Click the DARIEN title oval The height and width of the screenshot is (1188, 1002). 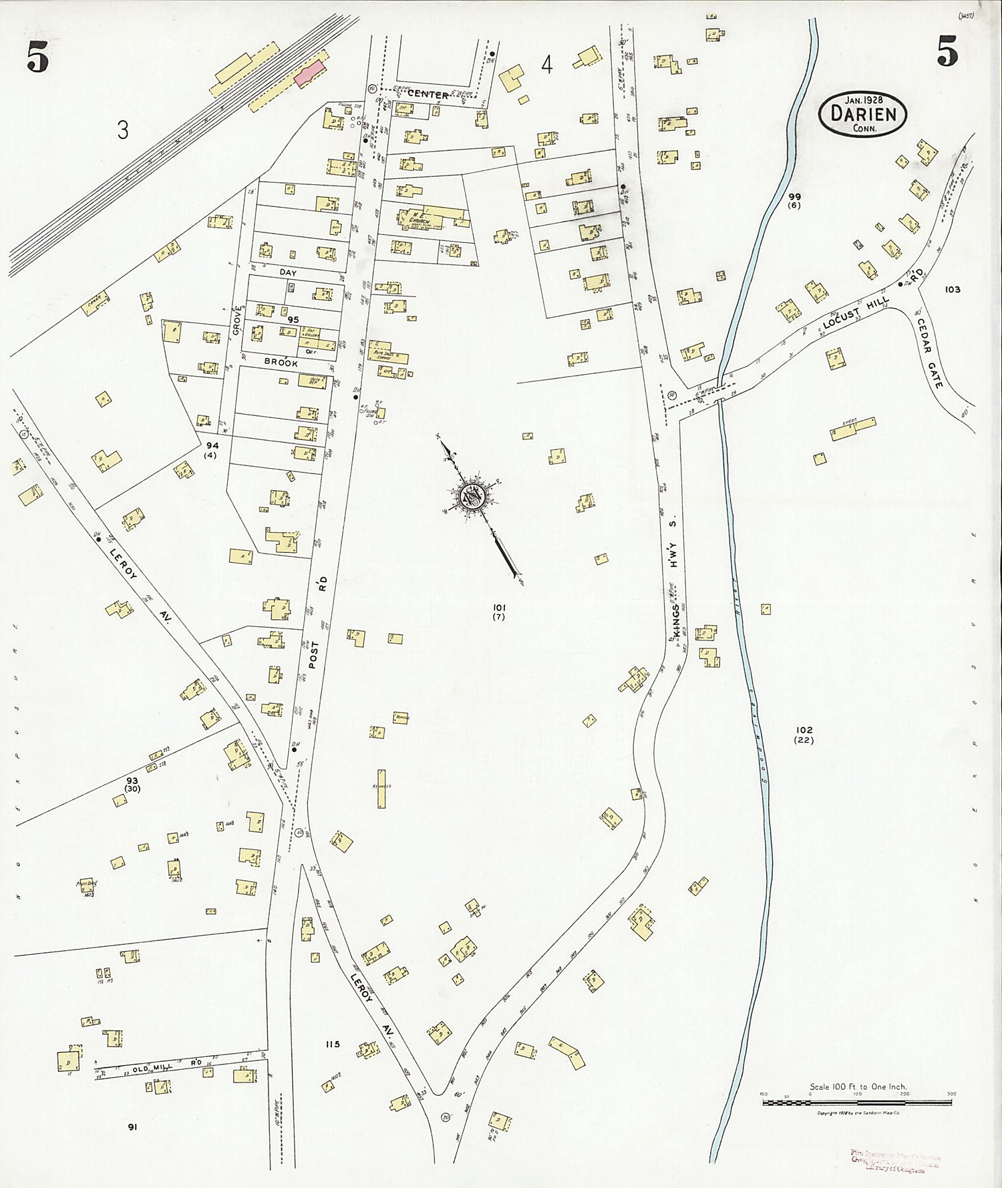click(862, 114)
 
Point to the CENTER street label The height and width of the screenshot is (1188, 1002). click(428, 95)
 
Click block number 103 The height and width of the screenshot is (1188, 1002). click(953, 289)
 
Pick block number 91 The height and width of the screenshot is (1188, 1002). click(132, 1127)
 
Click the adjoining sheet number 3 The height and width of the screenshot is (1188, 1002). click(123, 130)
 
